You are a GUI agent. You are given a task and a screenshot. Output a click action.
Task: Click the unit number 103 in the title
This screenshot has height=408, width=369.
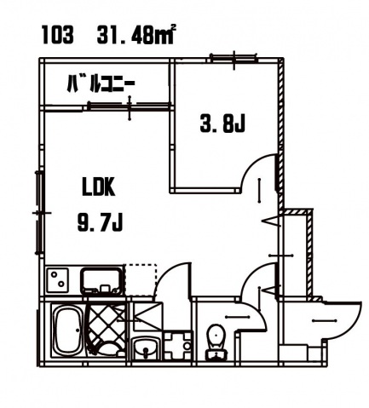point(58,35)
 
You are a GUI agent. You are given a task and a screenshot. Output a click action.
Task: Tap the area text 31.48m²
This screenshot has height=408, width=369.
point(135,34)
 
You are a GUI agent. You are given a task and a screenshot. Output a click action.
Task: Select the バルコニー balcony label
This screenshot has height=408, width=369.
point(101,83)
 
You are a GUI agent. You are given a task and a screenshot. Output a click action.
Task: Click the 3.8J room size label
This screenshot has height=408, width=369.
point(222,124)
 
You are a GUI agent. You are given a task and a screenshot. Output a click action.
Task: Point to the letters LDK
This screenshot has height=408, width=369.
point(99,187)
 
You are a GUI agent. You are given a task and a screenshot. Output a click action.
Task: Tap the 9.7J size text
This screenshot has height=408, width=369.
point(100,222)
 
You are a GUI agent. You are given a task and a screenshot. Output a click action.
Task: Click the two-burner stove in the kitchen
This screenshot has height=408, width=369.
point(58,280)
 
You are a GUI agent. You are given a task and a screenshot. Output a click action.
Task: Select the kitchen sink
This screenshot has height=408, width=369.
point(101,281)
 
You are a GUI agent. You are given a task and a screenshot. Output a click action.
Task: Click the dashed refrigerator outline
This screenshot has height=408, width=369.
point(141,279)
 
